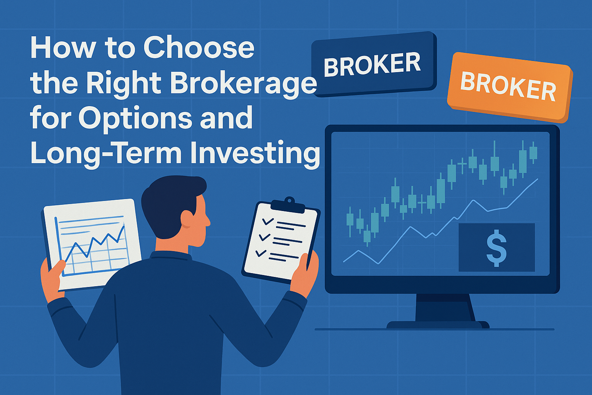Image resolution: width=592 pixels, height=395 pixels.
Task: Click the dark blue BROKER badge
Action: tap(374, 64)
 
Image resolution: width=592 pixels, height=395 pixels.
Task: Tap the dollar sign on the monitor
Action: tap(496, 248)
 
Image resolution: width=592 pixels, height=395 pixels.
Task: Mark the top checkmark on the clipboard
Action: tap(267, 221)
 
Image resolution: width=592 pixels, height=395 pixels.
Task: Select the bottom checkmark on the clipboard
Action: tap(261, 253)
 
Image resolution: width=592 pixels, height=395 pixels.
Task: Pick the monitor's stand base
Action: tap(438, 325)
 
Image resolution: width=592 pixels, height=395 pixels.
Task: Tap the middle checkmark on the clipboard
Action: tap(264, 237)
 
